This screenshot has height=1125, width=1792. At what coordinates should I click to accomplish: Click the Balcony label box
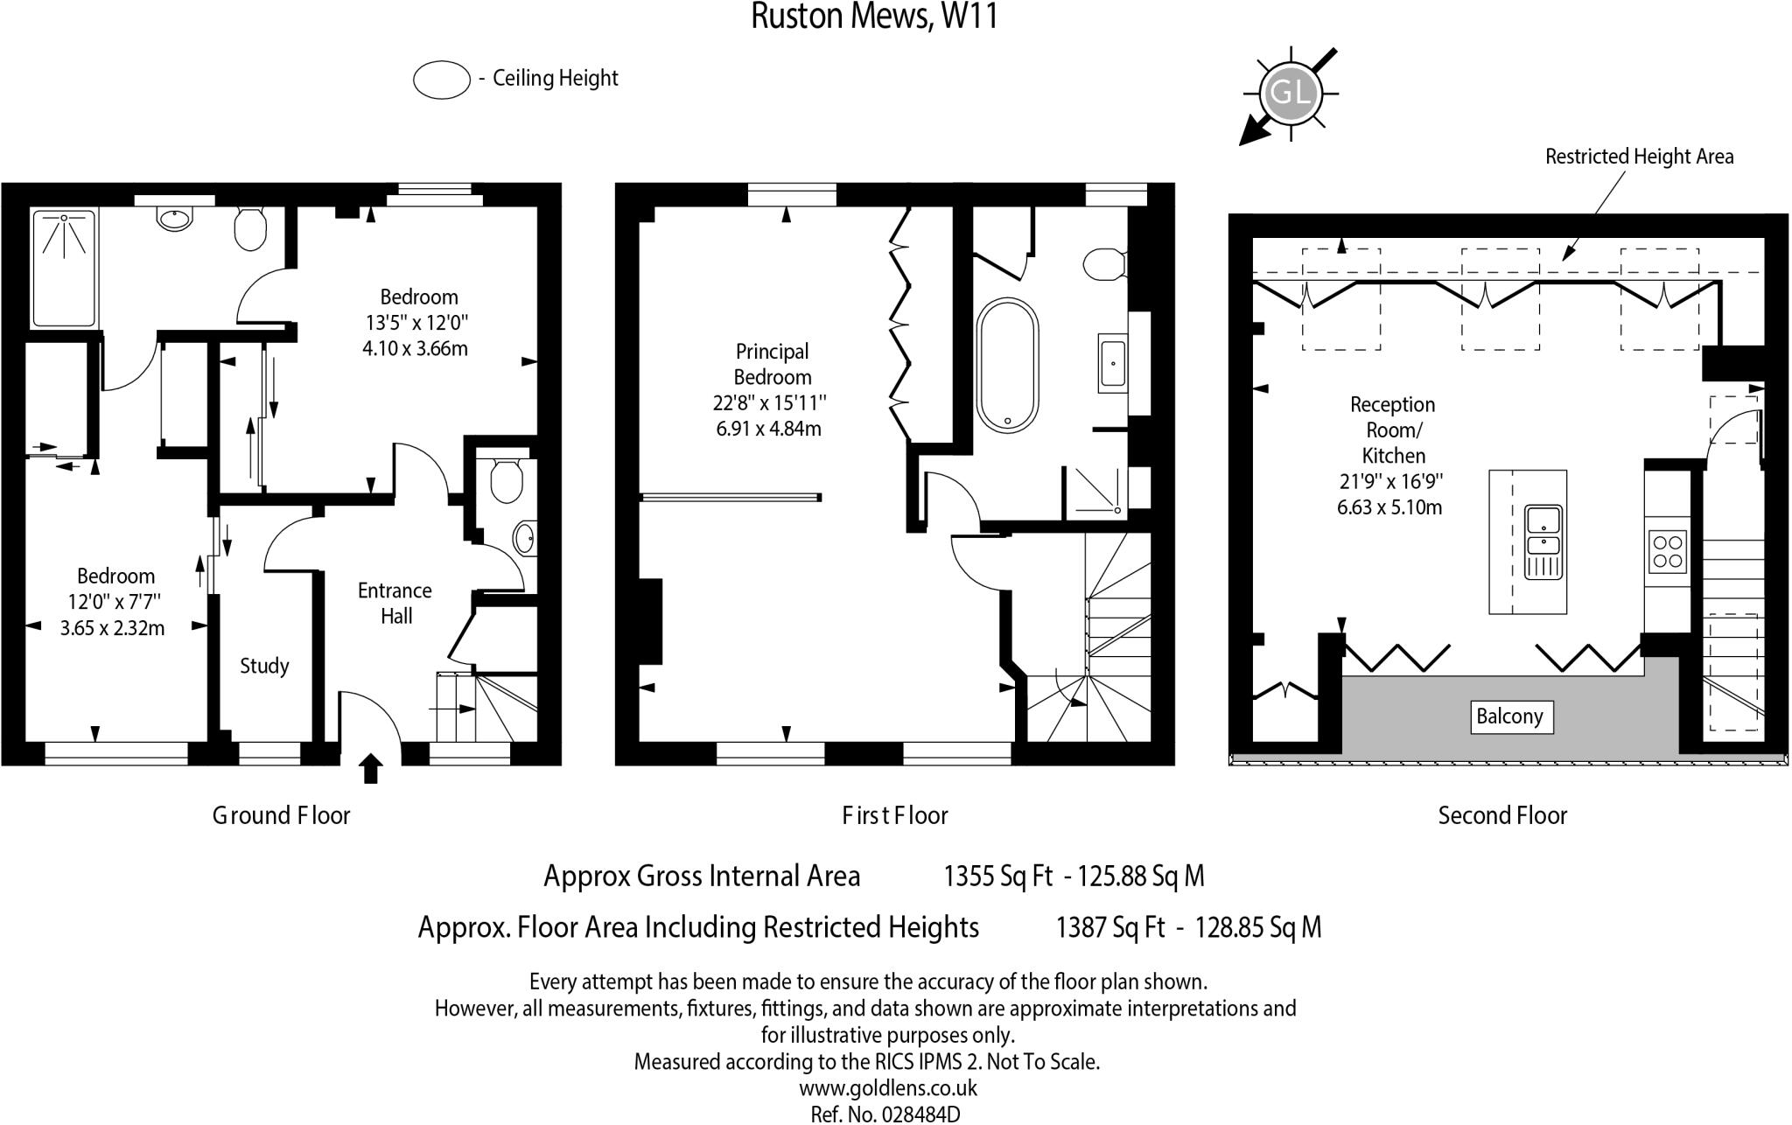[x=1509, y=716]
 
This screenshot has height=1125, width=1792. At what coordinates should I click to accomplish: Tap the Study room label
[x=264, y=666]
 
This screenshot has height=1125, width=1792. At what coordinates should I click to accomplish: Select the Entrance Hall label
[x=395, y=604]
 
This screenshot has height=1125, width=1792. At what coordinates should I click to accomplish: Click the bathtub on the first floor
[x=1008, y=366]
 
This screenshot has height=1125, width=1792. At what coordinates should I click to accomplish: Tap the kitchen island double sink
[x=1543, y=542]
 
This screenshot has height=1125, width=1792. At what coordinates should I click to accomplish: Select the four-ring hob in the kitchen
[x=1667, y=551]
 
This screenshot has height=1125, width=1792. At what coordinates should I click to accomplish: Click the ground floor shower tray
[x=64, y=267]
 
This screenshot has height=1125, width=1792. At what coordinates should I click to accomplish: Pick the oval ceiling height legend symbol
[x=442, y=80]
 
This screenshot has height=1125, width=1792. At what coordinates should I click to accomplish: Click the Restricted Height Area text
[x=1639, y=157]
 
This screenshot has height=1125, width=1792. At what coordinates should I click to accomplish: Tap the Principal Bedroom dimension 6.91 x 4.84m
[x=768, y=429]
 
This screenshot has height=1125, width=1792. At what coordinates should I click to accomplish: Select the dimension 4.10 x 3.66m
[x=415, y=348]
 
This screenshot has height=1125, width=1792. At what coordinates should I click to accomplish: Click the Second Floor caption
[x=1502, y=815]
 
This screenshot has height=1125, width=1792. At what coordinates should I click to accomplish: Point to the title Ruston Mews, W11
[x=874, y=17]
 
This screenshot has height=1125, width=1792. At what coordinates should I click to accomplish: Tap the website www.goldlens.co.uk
[x=887, y=1088]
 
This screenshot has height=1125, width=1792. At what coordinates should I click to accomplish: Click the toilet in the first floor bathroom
[x=1104, y=263]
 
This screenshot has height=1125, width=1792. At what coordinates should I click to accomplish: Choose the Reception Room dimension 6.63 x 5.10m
[x=1389, y=507]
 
